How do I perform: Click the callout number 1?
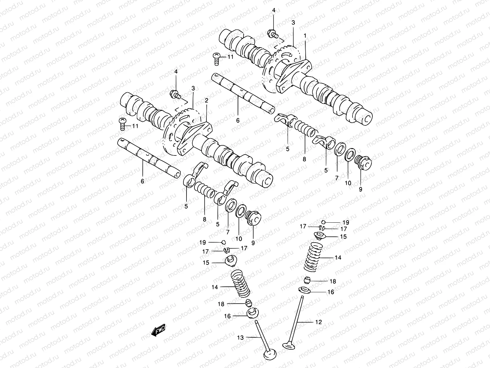tap(305, 36)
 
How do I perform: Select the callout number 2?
tap(206, 100)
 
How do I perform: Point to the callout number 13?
tap(240, 338)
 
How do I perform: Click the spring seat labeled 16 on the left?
tap(253, 314)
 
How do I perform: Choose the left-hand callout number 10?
tap(239, 239)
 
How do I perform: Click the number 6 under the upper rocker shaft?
tap(238, 121)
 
